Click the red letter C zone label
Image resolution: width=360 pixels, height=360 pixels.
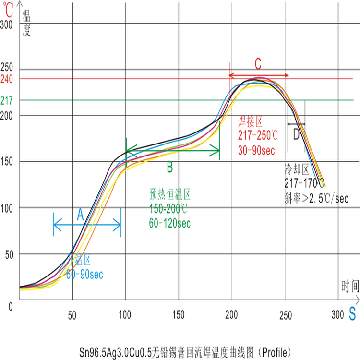tap(258, 63)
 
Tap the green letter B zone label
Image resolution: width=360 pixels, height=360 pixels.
tap(169, 168)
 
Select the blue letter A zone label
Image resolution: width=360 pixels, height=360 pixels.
tap(80, 216)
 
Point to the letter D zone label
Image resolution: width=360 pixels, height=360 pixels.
tap(296, 135)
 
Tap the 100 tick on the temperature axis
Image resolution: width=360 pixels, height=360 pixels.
tap(9, 208)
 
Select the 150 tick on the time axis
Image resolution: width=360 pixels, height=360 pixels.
tap(178, 315)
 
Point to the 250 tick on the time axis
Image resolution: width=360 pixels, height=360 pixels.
tap(285, 315)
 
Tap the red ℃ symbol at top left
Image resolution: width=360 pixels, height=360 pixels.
tap(8, 7)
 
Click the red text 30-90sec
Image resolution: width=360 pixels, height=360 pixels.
tap(256, 151)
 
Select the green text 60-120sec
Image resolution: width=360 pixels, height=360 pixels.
tap(169, 223)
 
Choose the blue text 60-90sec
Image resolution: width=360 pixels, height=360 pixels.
tap(85, 275)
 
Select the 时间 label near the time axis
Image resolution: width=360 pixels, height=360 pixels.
tap(350, 287)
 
